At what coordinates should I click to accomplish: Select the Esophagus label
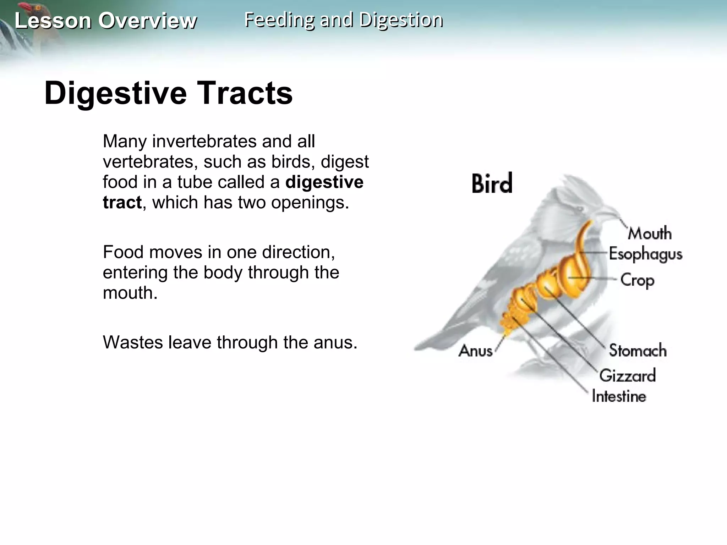[646, 254]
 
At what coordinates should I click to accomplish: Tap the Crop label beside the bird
[637, 280]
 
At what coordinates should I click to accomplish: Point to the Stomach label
[638, 351]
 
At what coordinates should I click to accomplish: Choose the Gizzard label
[628, 375]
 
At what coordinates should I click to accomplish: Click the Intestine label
[619, 396]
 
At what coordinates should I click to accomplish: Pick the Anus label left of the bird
[475, 351]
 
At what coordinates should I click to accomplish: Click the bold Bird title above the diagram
[492, 184]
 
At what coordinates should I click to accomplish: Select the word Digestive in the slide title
[116, 93]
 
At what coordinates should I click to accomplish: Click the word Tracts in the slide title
[245, 93]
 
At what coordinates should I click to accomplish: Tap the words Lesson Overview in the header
[105, 21]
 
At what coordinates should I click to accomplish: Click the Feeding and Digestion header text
[344, 20]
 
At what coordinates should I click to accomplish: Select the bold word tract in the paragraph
[122, 202]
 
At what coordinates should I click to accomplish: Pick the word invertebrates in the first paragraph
[205, 141]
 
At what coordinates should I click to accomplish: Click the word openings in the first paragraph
[310, 202]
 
